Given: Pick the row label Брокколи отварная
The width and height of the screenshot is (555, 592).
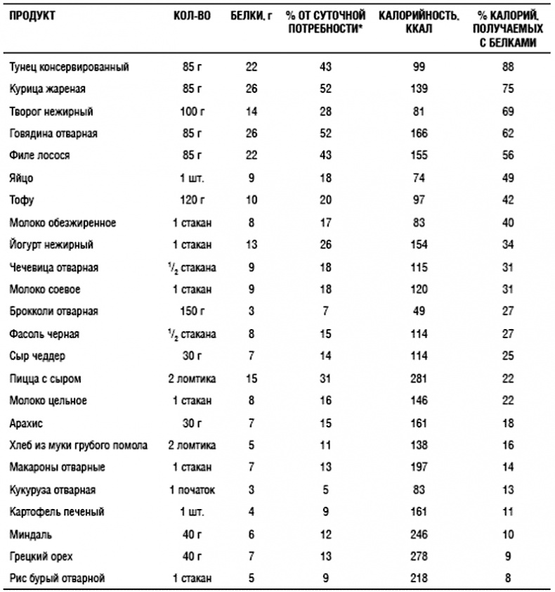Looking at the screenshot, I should tap(53, 311).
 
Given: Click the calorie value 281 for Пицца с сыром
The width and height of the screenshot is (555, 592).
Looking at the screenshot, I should tap(419, 378).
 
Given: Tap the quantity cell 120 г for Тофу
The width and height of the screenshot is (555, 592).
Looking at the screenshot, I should tap(191, 200).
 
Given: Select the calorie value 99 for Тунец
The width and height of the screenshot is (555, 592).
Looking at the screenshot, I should tap(419, 67).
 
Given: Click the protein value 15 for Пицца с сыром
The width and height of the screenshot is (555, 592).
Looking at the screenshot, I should tap(252, 378).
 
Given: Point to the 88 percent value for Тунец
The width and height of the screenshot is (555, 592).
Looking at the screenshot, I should tap(508, 67).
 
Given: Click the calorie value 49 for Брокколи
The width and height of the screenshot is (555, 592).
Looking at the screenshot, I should tap(419, 311).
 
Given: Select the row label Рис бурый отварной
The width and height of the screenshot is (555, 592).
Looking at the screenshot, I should tap(57, 579).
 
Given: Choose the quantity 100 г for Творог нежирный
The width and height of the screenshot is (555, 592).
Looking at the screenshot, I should tap(191, 111).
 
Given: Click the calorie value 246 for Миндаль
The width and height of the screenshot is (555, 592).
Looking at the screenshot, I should tap(419, 534).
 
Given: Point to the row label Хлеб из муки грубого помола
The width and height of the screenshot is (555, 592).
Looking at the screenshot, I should tap(79, 445).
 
